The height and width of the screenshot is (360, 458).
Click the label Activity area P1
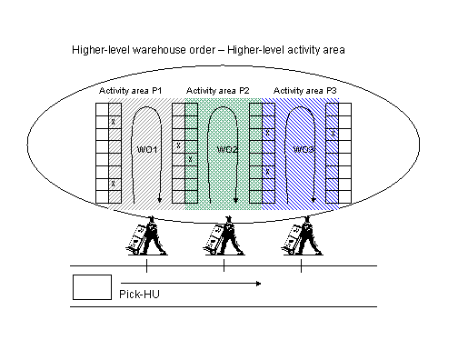[132, 91]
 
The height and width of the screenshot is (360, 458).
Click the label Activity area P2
[218, 91]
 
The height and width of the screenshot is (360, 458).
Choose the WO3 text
[305, 149]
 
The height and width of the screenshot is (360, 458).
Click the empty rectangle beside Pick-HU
[92, 287]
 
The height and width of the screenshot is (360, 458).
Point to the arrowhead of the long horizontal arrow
[260, 285]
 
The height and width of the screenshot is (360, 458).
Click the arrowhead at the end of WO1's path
[159, 202]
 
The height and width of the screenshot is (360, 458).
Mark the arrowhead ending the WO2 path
[236, 202]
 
